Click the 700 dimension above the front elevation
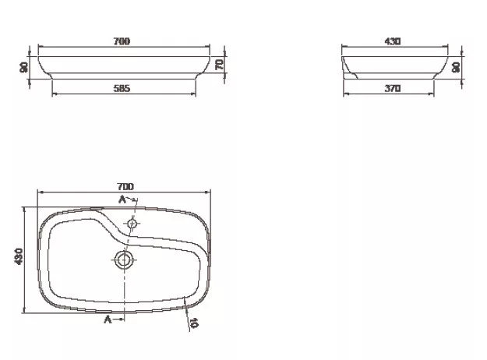122,41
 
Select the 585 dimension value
122,89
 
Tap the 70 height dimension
219,65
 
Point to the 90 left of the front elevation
23,67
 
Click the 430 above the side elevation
393,41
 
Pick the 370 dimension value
393,89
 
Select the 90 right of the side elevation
456,67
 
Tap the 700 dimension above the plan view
125,187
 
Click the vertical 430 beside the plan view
19,256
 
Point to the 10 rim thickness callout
193,323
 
